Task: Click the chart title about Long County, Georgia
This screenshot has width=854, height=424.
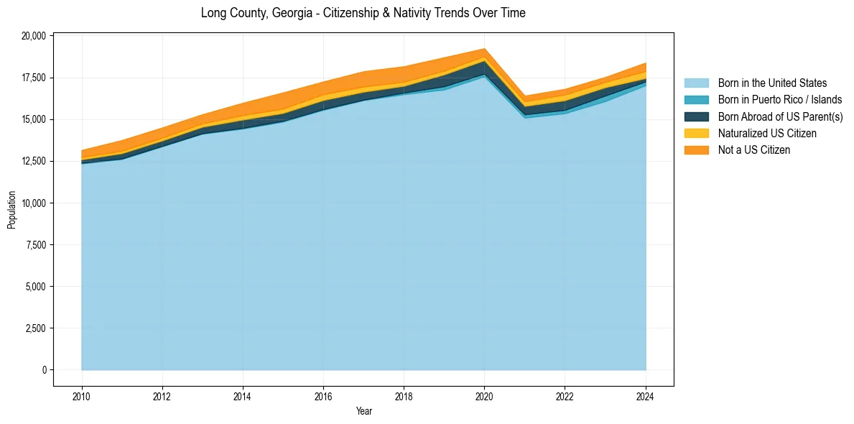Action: pyautogui.click(x=363, y=13)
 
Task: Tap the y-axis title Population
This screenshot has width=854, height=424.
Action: pyautogui.click(x=11, y=210)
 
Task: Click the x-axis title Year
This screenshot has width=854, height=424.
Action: pyautogui.click(x=363, y=411)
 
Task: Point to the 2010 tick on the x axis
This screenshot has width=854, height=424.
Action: pyautogui.click(x=82, y=395)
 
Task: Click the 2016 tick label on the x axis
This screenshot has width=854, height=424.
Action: pyautogui.click(x=323, y=395)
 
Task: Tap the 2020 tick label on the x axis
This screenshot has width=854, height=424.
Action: pyautogui.click(x=484, y=395)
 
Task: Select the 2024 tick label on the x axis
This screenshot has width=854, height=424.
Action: pyautogui.click(x=646, y=395)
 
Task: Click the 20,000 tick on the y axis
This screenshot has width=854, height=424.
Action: pyautogui.click(x=34, y=36)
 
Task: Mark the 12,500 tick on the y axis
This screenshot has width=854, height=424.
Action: pyautogui.click(x=34, y=161)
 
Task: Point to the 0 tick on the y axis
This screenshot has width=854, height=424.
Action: pyautogui.click(x=44, y=370)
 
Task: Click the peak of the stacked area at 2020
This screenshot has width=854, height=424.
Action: pyautogui.click(x=484, y=49)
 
